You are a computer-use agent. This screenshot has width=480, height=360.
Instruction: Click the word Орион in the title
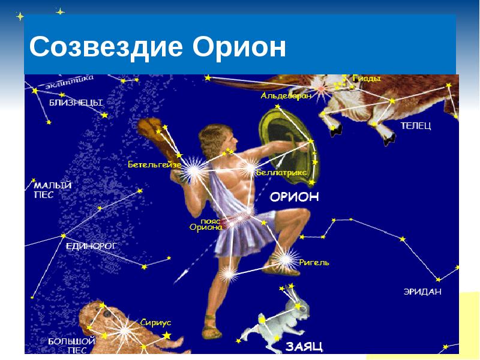pyautogui.click(x=239, y=47)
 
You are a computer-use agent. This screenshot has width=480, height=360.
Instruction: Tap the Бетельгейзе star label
pyautogui.click(x=154, y=164)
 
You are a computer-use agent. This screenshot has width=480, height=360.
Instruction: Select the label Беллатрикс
pyautogui.click(x=281, y=172)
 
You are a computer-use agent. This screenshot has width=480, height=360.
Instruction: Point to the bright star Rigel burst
pyautogui.click(x=286, y=260)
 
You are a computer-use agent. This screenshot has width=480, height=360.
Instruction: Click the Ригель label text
pyautogui.click(x=314, y=262)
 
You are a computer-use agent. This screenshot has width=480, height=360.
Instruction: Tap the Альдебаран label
pyautogui.click(x=286, y=95)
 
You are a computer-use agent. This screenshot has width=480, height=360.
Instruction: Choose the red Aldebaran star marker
pyautogui.click(x=321, y=89)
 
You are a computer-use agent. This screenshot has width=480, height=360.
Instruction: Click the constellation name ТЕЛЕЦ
pyautogui.click(x=416, y=125)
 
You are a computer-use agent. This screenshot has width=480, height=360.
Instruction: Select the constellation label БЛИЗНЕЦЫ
pyautogui.click(x=76, y=103)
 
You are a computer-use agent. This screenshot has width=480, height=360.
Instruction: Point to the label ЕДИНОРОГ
pyautogui.click(x=92, y=246)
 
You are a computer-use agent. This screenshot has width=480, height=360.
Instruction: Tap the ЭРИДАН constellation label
pyautogui.click(x=422, y=292)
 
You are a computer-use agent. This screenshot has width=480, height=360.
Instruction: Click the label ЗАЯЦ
pyautogui.click(x=304, y=347)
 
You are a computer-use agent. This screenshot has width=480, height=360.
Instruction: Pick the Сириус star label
pyautogui.click(x=155, y=322)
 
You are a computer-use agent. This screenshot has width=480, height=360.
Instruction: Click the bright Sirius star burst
pyautogui.click(x=125, y=331)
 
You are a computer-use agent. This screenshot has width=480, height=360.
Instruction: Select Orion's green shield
pyautogui.click(x=288, y=146)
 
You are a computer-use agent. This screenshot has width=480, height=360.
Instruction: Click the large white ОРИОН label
pyautogui.click(x=294, y=197)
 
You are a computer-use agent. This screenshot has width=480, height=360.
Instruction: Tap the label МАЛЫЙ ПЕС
pyautogui.click(x=52, y=190)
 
